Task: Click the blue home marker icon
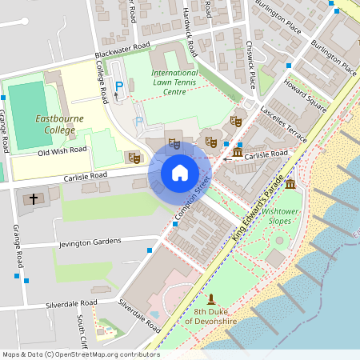[x=180, y=173]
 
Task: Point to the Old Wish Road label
[x=62, y=150]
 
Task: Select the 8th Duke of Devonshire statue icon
[x=211, y=299]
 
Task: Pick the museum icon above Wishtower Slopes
[x=289, y=185]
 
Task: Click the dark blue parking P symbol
[x=120, y=86]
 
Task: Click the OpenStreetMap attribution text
[x=81, y=354]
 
